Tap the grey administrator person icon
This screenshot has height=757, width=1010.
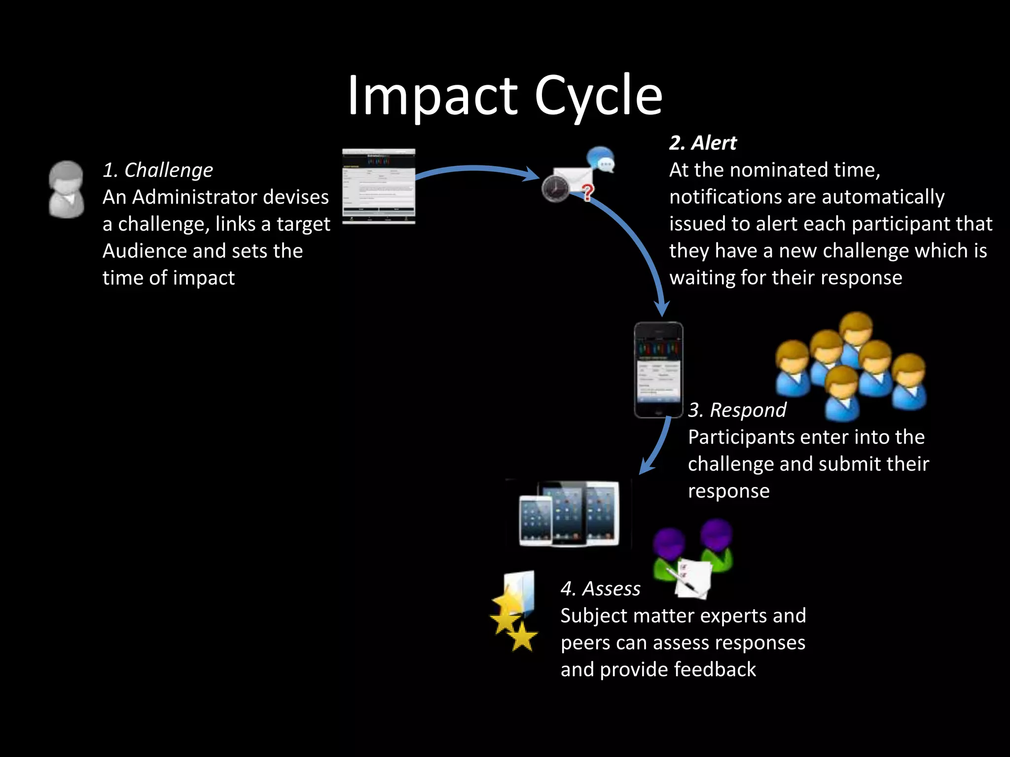[x=67, y=189]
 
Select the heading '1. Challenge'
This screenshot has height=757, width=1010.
[x=158, y=170]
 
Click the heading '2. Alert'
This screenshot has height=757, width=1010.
[x=703, y=143]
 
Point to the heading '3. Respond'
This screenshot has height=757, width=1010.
[x=737, y=410]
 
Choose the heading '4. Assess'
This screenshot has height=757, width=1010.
[x=600, y=588]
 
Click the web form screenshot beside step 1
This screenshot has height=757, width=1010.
[x=379, y=186]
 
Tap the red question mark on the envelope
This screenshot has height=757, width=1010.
[x=587, y=192]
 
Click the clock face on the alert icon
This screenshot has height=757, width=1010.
[x=555, y=188]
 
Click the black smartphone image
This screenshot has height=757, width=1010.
[x=658, y=370]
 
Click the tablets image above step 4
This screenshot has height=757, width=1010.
[x=569, y=514]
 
